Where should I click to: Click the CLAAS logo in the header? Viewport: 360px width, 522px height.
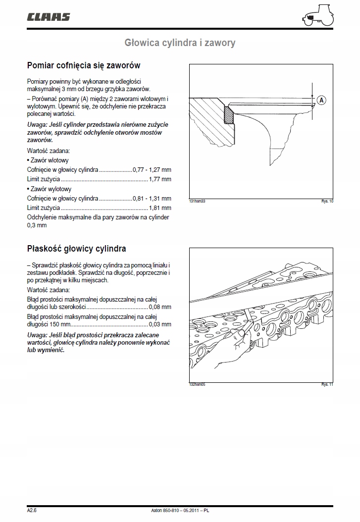click(48, 17)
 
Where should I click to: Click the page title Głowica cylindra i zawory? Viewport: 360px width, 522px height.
click(180, 43)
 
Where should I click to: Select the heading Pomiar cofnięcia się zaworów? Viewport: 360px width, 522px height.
click(83, 65)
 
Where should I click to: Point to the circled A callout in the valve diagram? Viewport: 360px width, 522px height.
click(321, 100)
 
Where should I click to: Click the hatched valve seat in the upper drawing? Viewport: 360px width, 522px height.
click(229, 115)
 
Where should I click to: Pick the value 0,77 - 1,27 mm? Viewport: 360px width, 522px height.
click(152, 169)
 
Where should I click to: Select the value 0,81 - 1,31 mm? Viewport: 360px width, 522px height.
click(152, 199)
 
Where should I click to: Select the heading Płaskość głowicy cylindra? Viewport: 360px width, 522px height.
click(76, 249)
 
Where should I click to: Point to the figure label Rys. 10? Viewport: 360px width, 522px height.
click(327, 202)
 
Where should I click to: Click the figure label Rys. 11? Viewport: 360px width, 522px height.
click(327, 384)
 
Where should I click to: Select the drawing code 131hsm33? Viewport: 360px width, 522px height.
click(197, 202)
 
